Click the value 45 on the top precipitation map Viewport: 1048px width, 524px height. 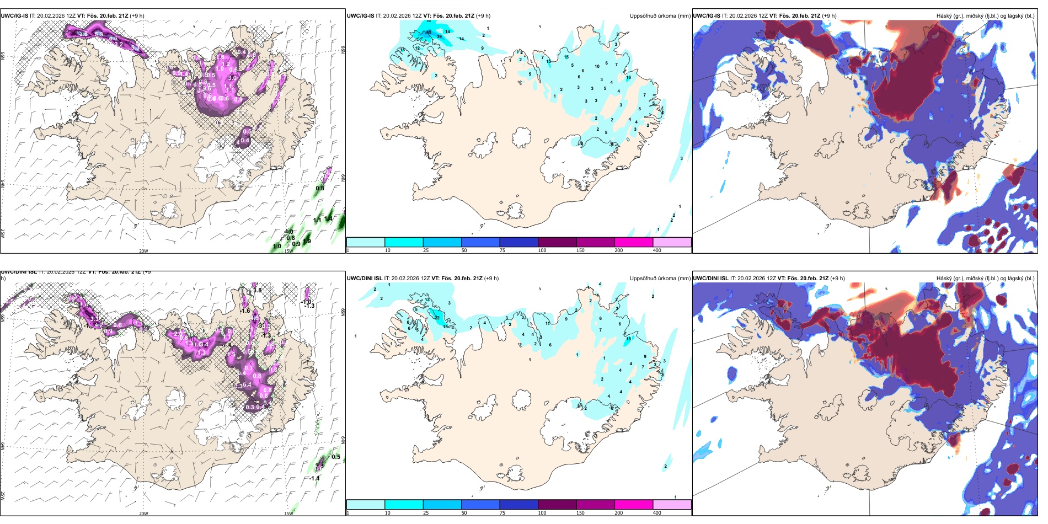pos(429,32)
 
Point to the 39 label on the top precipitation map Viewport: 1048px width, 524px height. pos(439,36)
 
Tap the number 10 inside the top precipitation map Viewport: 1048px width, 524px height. pos(597,66)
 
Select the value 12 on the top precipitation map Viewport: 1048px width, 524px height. pos(418,48)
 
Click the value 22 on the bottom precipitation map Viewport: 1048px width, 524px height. pos(437,318)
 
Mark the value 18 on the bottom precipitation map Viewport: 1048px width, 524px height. pos(628,338)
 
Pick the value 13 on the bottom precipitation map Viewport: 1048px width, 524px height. pos(427,300)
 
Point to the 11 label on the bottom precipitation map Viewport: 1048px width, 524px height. pos(548,323)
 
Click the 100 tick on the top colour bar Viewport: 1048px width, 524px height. pos(542,250)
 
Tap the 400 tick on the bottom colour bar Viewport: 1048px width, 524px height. pos(657,513)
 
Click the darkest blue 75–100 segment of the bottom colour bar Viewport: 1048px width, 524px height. pos(518,505)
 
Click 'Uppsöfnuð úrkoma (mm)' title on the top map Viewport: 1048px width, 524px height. pos(660,16)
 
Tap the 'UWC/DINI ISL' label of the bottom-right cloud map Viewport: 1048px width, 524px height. pos(710,279)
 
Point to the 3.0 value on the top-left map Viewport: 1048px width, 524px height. pos(232,78)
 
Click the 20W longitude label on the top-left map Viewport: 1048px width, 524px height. pos(143,251)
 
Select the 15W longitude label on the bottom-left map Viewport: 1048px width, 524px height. pos(288,514)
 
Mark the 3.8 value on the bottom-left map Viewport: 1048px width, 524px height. pos(257,291)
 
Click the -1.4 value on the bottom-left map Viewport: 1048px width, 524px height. pos(314,478)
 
